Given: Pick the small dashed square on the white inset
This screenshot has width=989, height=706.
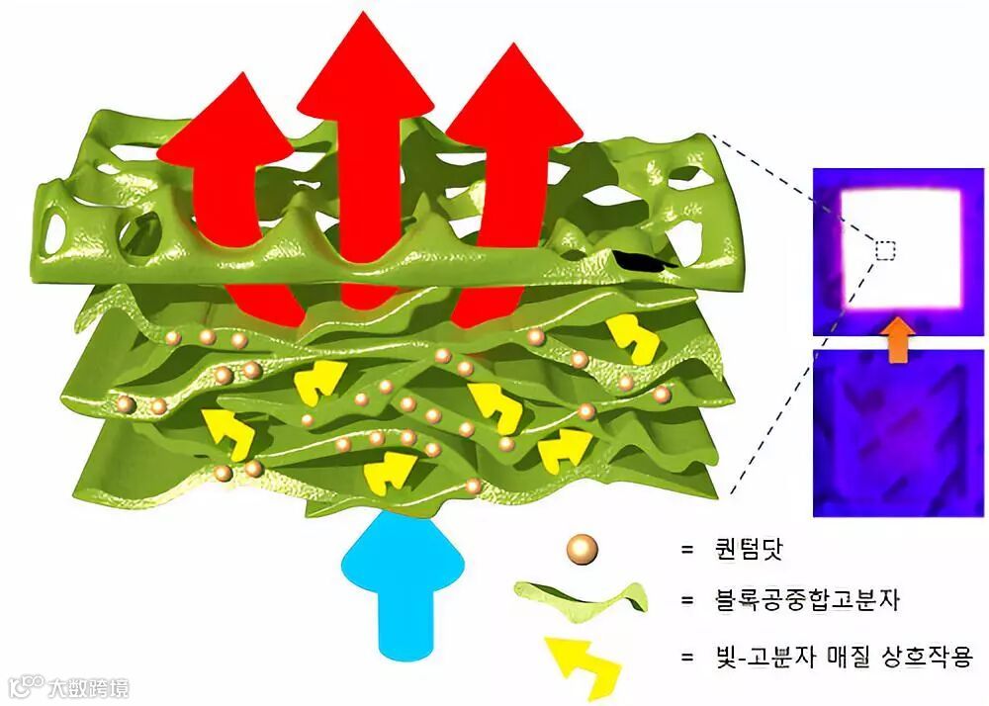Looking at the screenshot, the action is (x=885, y=251).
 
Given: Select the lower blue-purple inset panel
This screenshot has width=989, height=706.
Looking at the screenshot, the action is (x=898, y=432).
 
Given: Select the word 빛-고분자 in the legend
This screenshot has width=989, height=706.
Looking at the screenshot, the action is (x=782, y=656).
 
